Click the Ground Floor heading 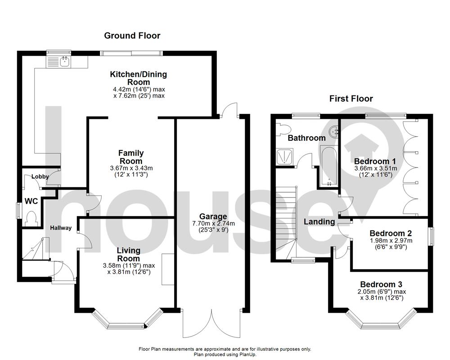click(132, 36)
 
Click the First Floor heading click(351, 99)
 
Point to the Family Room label click(130, 157)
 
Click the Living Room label click(129, 254)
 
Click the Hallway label click(60, 228)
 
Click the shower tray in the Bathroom click(283, 156)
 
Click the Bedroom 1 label click(375, 161)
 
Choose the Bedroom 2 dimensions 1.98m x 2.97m click(391, 241)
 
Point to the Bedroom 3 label click(381, 284)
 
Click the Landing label click(319, 221)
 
